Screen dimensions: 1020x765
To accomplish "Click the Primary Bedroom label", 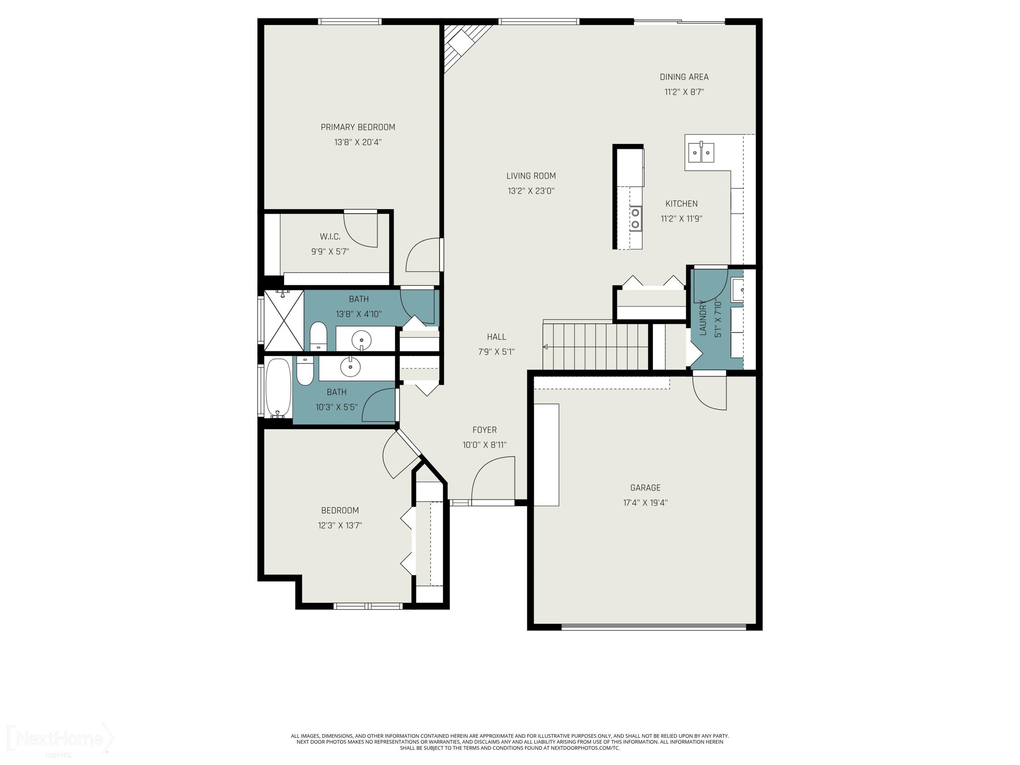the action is click(358, 127).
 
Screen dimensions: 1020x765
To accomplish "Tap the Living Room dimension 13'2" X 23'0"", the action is click(531, 191).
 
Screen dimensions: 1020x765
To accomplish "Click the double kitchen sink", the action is click(701, 152).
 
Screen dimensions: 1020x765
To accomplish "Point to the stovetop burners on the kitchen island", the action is click(636, 219).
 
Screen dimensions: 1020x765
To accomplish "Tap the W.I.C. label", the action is click(330, 237).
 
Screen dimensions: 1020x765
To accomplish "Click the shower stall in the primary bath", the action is click(284, 320).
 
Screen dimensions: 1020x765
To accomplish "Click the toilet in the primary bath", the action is click(318, 336).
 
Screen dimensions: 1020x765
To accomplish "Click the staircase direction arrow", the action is click(545, 347).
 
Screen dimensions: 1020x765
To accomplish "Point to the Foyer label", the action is click(484, 430).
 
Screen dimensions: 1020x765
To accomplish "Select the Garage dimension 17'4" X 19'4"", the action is click(645, 503).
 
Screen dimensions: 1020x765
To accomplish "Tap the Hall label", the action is click(496, 337).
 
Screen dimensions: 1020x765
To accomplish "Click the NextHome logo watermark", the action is click(60, 738).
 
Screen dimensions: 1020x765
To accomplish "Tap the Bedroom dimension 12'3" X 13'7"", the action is click(340, 525).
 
